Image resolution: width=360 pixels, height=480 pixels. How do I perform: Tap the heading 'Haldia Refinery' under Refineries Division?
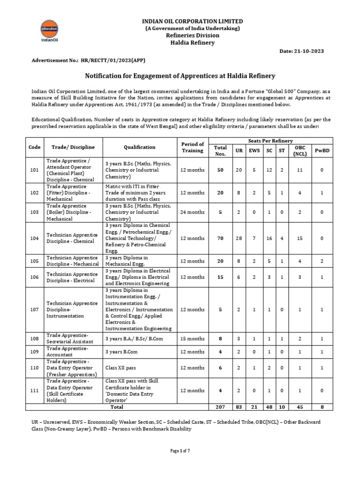(x=192, y=43)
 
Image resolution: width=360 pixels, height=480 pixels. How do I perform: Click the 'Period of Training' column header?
(x=192, y=147)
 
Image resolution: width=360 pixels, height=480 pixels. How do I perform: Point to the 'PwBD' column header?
(x=321, y=150)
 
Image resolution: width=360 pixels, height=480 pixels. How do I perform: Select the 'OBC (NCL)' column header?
(x=300, y=150)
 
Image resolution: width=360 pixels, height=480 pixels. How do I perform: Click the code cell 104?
(x=34, y=238)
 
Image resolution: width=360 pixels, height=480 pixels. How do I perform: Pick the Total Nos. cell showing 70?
(x=220, y=238)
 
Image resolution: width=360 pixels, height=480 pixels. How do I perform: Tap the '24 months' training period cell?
(x=192, y=212)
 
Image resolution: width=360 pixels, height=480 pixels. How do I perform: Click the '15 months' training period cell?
(x=192, y=338)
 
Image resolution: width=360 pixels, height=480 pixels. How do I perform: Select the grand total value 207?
(x=220, y=407)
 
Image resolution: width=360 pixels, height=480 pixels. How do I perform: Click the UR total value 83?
(x=239, y=407)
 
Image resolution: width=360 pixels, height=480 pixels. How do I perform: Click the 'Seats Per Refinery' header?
(x=271, y=141)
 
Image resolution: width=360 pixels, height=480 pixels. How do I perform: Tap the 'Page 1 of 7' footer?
(x=180, y=451)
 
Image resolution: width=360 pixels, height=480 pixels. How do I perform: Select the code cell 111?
(x=34, y=390)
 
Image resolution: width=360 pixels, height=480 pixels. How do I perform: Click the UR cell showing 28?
(x=239, y=238)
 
